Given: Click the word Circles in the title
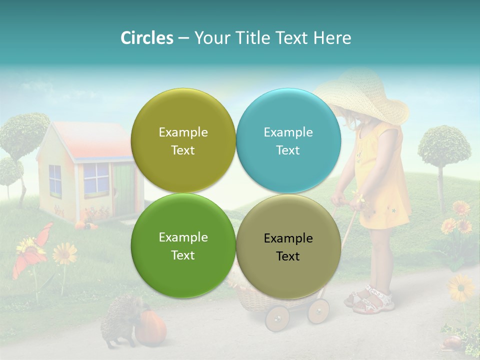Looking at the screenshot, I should pos(146,38).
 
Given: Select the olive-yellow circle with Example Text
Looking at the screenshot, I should pos(183,140).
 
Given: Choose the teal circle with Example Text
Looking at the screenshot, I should pos(288,140).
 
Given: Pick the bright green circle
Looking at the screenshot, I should pos(183,246).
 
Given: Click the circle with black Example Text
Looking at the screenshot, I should pos(288,246).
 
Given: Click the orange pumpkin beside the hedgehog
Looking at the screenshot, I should pos(150,327).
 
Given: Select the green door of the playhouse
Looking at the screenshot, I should pos(123,190).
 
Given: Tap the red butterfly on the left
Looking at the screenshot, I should pos(33,250).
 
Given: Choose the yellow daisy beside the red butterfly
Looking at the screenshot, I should pos(65,254).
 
